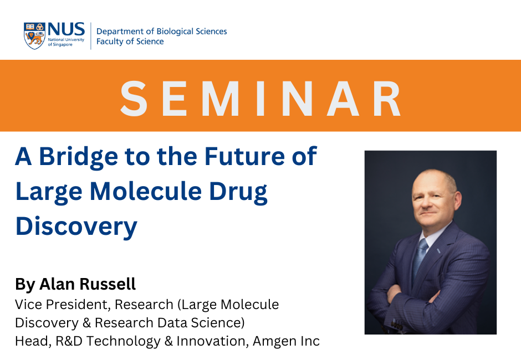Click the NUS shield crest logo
pos(34,36)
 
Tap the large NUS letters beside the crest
pos(67,29)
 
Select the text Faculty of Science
pos(130,42)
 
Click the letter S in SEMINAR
pos(134,98)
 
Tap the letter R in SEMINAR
pos(387,98)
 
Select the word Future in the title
pos(244,156)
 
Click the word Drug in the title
pos(238,193)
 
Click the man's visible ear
pos(457,202)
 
